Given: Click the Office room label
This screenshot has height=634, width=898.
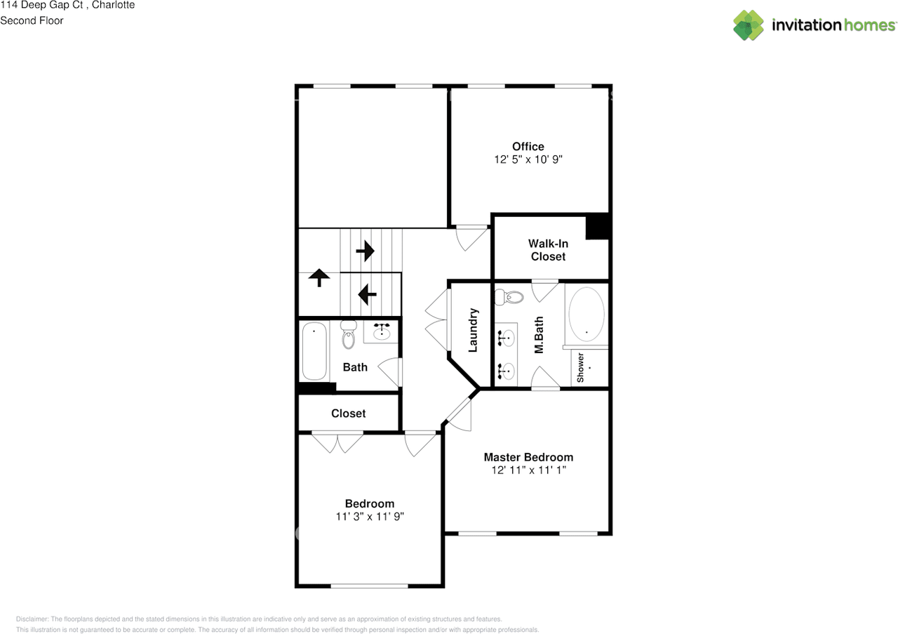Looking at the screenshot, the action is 528,147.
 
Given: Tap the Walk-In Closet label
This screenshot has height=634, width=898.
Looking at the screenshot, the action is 548,250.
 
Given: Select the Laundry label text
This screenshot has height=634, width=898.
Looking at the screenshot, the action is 473,330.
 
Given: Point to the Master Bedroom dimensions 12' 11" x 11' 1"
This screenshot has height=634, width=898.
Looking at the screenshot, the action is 529,470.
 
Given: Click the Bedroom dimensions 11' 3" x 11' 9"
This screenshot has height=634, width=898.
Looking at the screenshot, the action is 370,517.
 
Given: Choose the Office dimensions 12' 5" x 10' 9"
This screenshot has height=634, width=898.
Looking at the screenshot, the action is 528,159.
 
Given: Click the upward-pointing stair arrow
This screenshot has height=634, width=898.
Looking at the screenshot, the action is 319,277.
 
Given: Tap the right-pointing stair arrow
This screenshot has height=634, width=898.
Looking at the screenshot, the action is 366,251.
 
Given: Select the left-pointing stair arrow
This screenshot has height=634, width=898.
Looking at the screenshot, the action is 367,294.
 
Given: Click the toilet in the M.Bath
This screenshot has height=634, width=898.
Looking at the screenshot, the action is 509,297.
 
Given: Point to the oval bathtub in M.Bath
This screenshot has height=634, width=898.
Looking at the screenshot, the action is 587,314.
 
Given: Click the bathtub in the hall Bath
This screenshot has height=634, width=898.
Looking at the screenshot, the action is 314,351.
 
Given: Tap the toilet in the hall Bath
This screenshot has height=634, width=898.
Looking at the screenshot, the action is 349,335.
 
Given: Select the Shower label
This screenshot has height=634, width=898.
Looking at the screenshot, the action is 580,368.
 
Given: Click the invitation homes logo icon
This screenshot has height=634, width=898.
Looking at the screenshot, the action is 749,25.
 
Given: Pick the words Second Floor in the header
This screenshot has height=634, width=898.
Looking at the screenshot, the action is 32,20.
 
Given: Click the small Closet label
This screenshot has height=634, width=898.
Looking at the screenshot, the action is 349,414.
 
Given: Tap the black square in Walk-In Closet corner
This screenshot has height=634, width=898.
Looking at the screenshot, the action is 597,227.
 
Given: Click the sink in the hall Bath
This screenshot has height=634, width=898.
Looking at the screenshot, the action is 381,332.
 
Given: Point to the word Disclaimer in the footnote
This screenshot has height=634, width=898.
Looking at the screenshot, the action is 32,619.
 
